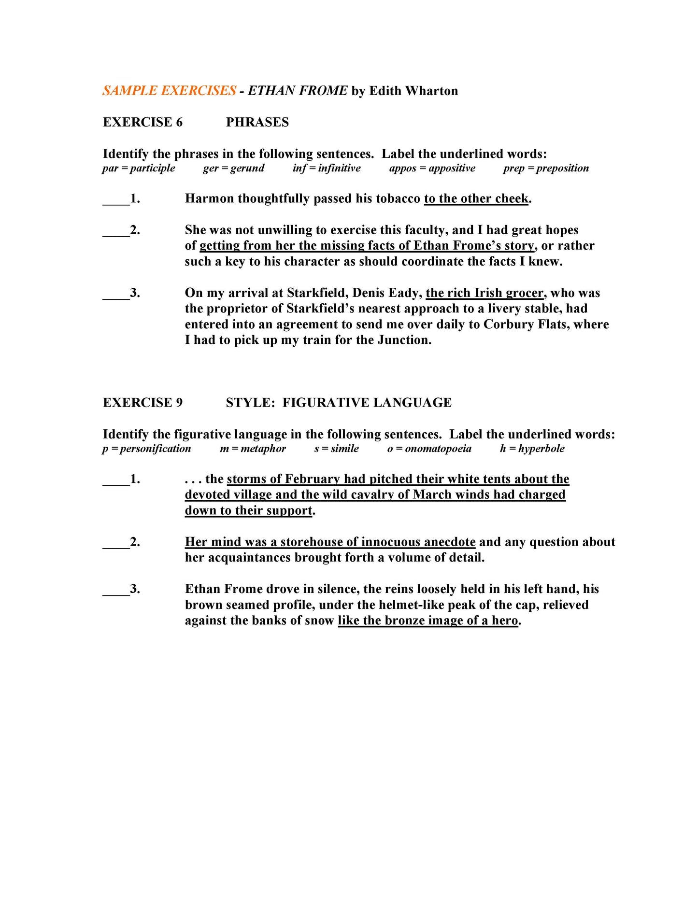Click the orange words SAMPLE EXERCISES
(169, 91)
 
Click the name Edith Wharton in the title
(413, 91)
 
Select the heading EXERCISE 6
(142, 122)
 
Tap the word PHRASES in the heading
(257, 122)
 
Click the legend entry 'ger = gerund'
(233, 168)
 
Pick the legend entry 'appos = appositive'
(432, 168)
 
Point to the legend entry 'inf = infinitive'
(326, 168)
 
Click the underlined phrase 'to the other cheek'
(476, 198)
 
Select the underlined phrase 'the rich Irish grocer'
(484, 293)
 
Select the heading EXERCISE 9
(142, 403)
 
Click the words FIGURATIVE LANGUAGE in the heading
(367, 403)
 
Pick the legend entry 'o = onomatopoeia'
(429, 449)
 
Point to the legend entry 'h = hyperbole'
(532, 449)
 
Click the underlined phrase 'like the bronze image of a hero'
(427, 621)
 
